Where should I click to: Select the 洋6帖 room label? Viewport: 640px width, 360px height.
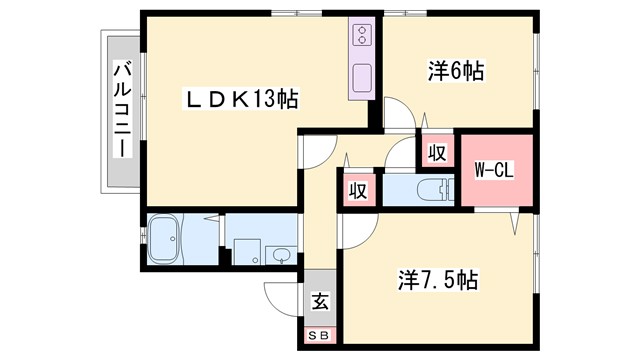(457, 72)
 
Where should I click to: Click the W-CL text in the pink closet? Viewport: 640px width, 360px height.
(493, 170)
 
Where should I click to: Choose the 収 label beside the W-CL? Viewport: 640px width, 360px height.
(437, 153)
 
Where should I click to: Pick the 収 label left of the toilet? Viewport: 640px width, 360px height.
(357, 190)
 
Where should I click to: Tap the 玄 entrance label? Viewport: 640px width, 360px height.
(321, 300)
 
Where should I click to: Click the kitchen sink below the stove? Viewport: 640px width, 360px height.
(361, 75)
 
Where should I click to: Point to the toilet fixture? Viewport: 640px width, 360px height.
(431, 188)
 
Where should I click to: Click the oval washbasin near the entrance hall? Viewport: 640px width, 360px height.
(281, 254)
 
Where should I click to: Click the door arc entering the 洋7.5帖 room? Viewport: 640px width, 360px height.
(352, 231)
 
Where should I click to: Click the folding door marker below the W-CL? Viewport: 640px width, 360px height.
(515, 220)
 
